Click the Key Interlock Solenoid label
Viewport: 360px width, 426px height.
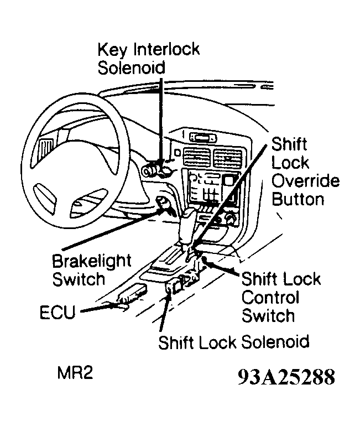click(x=148, y=58)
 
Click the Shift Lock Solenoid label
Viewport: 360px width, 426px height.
click(x=233, y=341)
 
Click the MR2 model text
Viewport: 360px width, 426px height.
click(x=75, y=373)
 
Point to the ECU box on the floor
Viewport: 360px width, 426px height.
click(x=132, y=293)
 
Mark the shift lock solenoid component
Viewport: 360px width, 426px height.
click(x=174, y=287)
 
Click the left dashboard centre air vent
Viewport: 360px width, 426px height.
click(x=198, y=158)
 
